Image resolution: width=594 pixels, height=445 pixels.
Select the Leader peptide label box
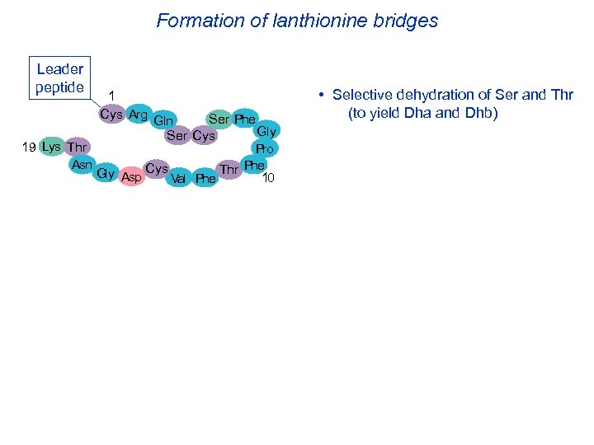click(59, 78)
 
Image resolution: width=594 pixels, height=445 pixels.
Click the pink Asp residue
click(131, 176)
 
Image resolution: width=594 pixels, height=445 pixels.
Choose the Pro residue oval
click(265, 149)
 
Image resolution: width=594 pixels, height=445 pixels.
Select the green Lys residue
click(51, 147)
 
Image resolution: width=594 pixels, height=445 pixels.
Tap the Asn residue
click(82, 165)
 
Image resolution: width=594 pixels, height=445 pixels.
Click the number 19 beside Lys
click(29, 148)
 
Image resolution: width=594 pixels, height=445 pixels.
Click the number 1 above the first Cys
click(112, 96)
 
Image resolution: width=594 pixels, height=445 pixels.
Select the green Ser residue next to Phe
click(219, 119)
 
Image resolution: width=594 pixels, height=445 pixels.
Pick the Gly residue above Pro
click(266, 131)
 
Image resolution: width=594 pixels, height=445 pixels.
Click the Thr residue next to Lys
click(78, 148)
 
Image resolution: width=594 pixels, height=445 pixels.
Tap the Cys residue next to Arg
click(111, 114)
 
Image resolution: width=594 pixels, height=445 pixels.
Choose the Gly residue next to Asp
click(106, 173)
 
